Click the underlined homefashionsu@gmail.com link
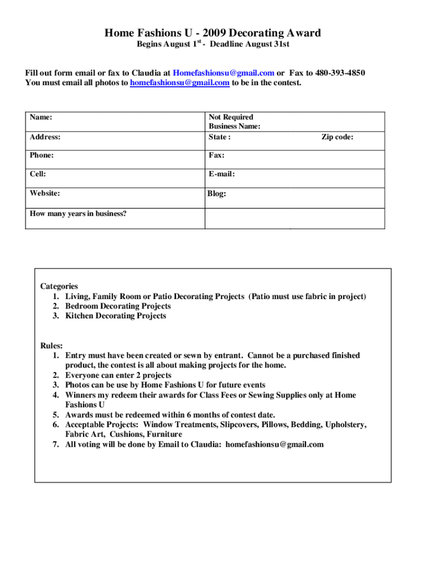(179, 83)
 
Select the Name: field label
(41, 117)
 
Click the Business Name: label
(235, 127)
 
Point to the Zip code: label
(337, 137)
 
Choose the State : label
(220, 137)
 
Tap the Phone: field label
(42, 155)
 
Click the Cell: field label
(38, 174)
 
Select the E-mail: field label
(222, 174)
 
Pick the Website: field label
(45, 193)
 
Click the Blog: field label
(216, 194)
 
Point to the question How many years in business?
(78, 213)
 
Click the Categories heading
(59, 286)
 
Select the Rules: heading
(51, 345)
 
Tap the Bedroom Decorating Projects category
(118, 306)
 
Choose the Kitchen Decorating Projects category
(116, 316)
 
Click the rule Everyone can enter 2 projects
(118, 375)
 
